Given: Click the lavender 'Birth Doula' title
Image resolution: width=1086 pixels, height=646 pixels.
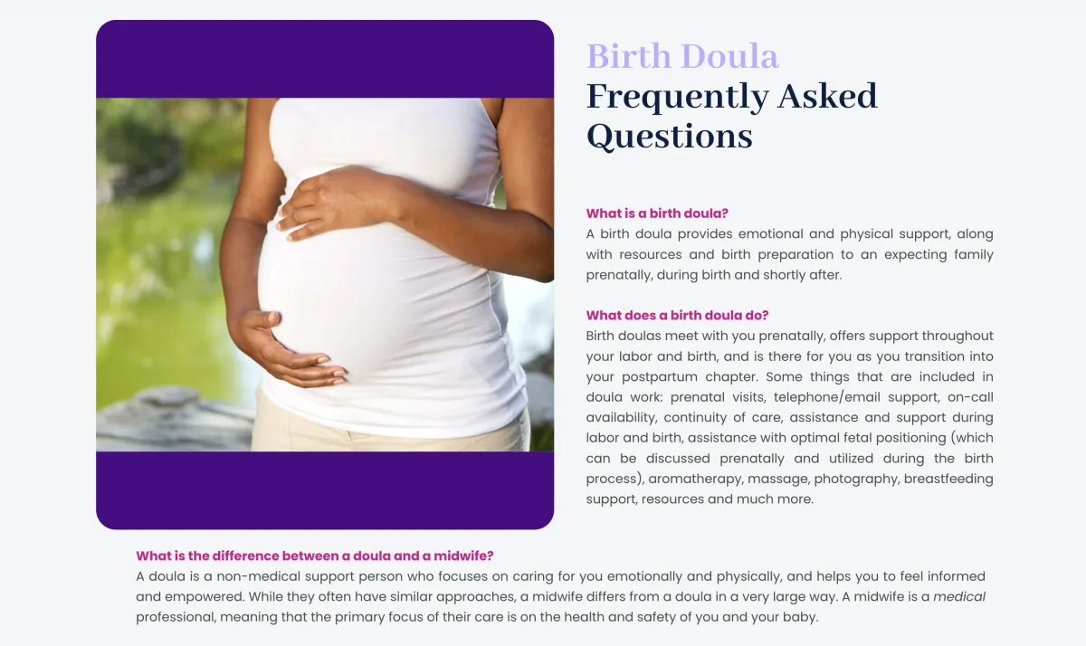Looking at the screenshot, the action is (682, 56).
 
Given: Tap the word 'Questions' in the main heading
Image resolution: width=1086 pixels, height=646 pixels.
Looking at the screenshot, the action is (670, 138).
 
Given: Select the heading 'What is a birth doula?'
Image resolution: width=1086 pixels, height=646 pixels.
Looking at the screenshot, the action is (657, 214).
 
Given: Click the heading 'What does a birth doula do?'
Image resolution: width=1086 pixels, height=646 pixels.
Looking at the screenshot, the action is (677, 316).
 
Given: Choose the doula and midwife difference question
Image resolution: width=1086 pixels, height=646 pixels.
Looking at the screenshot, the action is (315, 556).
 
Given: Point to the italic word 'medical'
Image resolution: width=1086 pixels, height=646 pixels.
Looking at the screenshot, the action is (959, 596).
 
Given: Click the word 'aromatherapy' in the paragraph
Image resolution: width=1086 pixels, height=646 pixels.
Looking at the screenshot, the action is (695, 480).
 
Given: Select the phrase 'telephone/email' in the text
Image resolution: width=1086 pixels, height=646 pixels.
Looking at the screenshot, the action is (826, 397).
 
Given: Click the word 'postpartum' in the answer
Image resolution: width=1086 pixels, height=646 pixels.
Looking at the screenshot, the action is (660, 377).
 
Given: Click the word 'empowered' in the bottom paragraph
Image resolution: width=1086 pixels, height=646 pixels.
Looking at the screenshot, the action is (205, 597).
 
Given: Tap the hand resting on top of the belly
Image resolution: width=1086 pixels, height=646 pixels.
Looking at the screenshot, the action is (340, 202).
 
